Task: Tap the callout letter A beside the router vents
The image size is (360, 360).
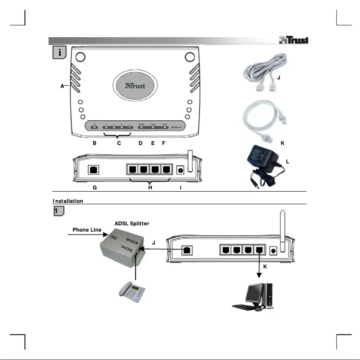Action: (x=62, y=87)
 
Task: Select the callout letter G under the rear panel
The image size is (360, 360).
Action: (x=95, y=188)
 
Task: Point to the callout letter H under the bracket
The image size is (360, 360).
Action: (x=150, y=188)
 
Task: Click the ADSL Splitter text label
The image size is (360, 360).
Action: (x=132, y=223)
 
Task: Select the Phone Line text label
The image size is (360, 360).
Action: (x=87, y=230)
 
